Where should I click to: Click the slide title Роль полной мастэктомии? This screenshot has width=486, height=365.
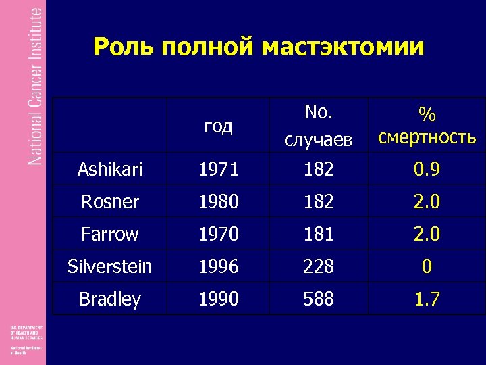(x=259, y=47)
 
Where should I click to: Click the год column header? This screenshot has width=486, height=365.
(x=218, y=126)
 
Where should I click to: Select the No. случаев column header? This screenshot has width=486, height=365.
(x=319, y=125)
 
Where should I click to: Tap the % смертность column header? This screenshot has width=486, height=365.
(x=427, y=126)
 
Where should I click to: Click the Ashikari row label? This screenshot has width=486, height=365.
(x=110, y=170)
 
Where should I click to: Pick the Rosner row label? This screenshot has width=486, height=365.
(x=110, y=201)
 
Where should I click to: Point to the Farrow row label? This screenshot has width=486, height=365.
(x=110, y=234)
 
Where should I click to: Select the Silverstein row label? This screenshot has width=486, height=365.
(x=110, y=266)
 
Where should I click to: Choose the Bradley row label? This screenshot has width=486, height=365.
(x=110, y=299)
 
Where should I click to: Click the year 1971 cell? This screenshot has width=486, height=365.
(x=218, y=170)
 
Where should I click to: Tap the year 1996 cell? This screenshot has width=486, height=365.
(x=218, y=266)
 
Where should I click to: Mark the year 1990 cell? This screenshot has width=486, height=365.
(x=218, y=299)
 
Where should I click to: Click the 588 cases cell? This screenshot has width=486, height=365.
(x=319, y=299)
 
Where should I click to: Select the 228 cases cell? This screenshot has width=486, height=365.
(x=319, y=266)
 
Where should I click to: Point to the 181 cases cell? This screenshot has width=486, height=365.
(x=319, y=234)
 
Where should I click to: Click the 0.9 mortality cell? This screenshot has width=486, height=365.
(x=427, y=170)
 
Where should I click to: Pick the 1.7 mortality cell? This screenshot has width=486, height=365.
(x=427, y=299)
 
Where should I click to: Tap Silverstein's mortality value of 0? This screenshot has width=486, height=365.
(x=427, y=266)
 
